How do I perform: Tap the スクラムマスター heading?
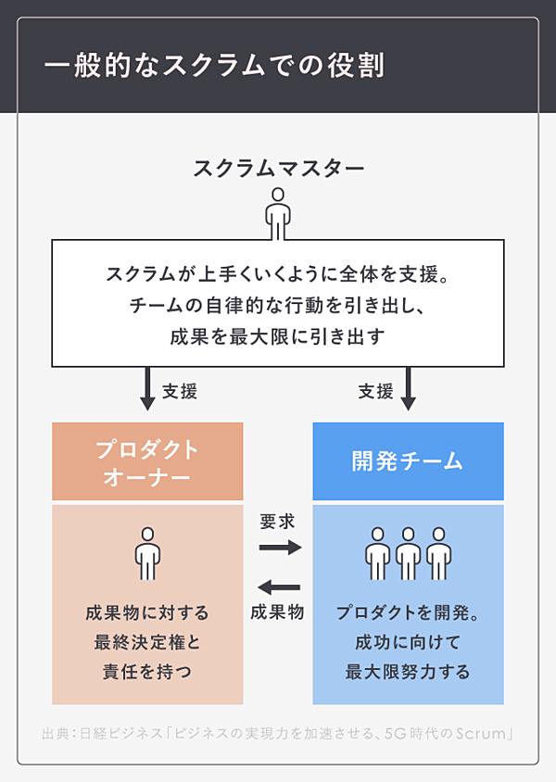click(x=278, y=169)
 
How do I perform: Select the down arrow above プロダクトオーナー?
click(x=146, y=388)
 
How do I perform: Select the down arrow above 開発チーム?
click(x=408, y=388)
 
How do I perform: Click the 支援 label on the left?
click(x=180, y=391)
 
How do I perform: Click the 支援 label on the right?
click(x=375, y=391)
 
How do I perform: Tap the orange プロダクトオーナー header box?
click(x=147, y=461)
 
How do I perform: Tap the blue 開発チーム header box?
click(x=408, y=461)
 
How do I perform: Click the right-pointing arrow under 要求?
click(x=280, y=548)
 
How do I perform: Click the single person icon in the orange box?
click(x=147, y=553)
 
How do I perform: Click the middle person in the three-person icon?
click(x=408, y=553)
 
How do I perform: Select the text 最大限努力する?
click(x=408, y=671)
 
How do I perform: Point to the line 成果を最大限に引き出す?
click(x=277, y=336)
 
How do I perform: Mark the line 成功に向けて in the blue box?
click(x=408, y=642)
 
